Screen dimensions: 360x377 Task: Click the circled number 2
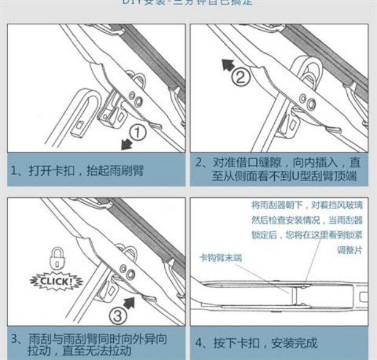[241, 77]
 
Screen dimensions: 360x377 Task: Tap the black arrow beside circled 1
[126, 145]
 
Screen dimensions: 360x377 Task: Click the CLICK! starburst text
[56, 282]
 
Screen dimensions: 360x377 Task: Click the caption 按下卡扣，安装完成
[256, 343]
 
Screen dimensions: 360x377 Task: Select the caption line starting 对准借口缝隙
[278, 162]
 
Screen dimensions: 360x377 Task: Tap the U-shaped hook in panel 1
[85, 109]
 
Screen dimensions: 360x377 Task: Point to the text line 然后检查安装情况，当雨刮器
[306, 220]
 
